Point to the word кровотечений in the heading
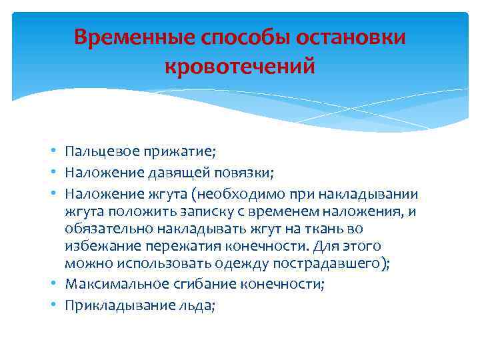pos(239,67)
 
